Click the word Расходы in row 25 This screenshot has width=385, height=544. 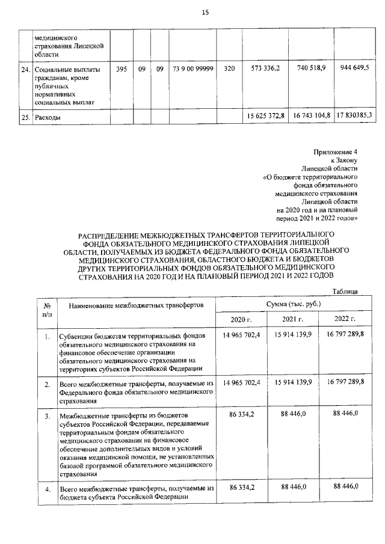pos(48,117)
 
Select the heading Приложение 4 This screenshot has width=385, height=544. pos(336,152)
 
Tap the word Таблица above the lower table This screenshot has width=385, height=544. pos(345,292)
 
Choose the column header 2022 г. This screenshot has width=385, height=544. pos(345,319)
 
